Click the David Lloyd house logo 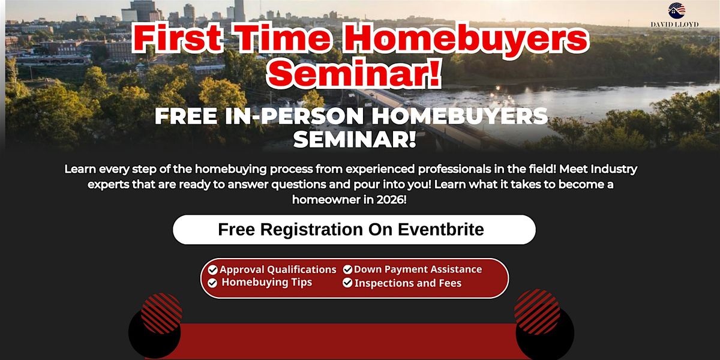coord(676,10)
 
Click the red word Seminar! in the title coord(353,73)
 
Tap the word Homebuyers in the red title coord(466,38)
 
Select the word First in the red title coord(177,38)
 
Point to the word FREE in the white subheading coord(186,116)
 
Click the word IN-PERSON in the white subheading coord(295,116)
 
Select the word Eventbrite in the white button coord(441,229)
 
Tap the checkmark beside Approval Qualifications coord(212,269)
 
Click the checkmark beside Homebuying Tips coord(212,283)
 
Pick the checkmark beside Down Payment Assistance coord(347,269)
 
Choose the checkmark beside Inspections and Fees coord(347,283)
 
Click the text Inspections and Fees coord(408,283)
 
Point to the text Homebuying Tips coord(267,282)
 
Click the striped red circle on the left coord(161,313)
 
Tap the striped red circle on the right coord(537,312)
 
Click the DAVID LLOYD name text coord(674,25)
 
